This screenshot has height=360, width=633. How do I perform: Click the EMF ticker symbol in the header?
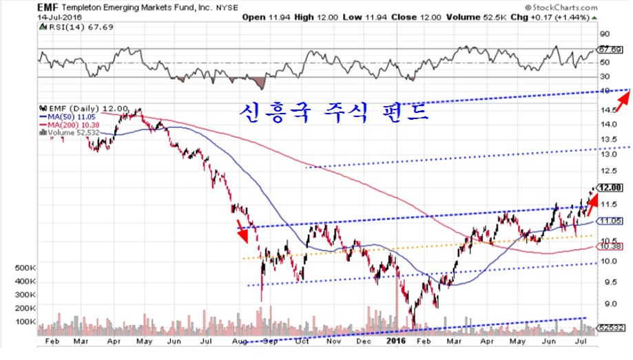pos(46,6)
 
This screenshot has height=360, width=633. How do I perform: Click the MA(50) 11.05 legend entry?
pos(68,116)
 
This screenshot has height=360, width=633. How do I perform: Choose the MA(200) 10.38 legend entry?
pos(70,124)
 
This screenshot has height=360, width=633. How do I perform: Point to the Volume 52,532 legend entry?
pos(70,131)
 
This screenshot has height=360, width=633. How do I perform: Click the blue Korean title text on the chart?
pos(335,111)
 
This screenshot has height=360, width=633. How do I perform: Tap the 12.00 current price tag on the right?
pos(611,187)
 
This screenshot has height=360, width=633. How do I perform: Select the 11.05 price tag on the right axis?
pos(611,221)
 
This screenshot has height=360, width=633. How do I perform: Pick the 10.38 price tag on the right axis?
pos(611,246)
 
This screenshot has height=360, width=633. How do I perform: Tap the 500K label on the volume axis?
pos(25,267)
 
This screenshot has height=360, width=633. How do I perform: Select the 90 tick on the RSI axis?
pos(605,34)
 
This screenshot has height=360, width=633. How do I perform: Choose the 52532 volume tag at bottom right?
pos(612,329)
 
